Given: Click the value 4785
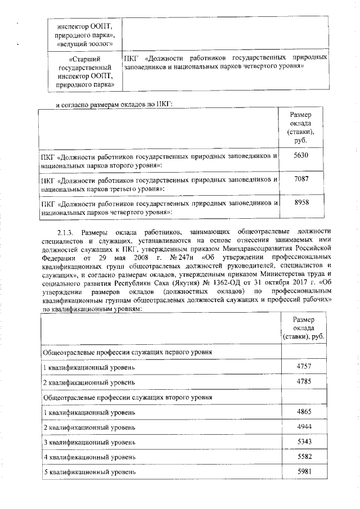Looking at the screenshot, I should [304, 381].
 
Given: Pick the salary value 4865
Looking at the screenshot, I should [304, 411].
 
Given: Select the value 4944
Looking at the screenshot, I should [304, 426].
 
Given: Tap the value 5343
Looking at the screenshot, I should [304, 442].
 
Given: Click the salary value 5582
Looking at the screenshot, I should [304, 457].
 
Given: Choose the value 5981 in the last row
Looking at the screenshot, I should [304, 471].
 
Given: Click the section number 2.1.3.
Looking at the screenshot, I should [67, 232].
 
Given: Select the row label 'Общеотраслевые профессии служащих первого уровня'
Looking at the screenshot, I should [128, 352].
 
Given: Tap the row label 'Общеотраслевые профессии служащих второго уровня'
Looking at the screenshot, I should [128, 397].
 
